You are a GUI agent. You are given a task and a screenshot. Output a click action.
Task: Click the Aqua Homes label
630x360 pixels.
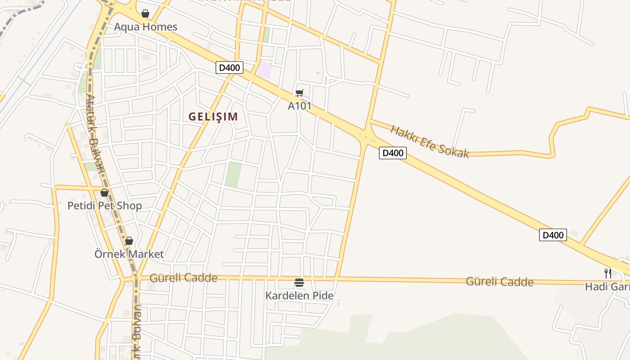click(145, 27)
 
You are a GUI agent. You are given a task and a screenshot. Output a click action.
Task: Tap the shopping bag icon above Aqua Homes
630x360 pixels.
click(145, 13)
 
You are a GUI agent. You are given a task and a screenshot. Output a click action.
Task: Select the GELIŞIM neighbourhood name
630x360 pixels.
click(213, 117)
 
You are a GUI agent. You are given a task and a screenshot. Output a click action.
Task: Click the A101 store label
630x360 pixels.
click(299, 106)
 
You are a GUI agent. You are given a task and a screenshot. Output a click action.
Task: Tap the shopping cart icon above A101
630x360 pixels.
click(299, 93)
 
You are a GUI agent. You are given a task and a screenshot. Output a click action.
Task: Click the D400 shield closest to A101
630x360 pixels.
click(229, 68)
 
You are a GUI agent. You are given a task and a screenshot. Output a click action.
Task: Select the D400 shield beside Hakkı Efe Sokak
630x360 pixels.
click(392, 153)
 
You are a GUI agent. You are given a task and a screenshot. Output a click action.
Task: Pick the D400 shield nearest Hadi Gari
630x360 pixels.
click(553, 235)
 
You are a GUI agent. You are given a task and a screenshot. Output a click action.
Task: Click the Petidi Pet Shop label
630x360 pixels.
click(104, 206)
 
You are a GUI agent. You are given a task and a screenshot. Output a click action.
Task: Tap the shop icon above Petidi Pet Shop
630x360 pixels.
click(104, 193)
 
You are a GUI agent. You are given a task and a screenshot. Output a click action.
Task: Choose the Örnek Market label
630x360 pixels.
click(129, 254)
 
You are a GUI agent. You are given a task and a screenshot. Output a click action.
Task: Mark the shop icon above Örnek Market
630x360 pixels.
click(129, 241)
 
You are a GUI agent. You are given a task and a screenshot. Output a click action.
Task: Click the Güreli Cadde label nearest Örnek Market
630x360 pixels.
click(184, 278)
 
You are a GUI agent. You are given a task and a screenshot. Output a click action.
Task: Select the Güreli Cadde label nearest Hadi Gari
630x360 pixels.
click(499, 282)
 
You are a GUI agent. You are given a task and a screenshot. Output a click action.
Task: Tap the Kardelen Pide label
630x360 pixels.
click(299, 296)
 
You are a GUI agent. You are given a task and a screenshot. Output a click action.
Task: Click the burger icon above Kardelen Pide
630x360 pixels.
click(299, 283)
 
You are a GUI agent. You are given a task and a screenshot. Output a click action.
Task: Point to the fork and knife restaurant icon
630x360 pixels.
click(607, 273)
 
